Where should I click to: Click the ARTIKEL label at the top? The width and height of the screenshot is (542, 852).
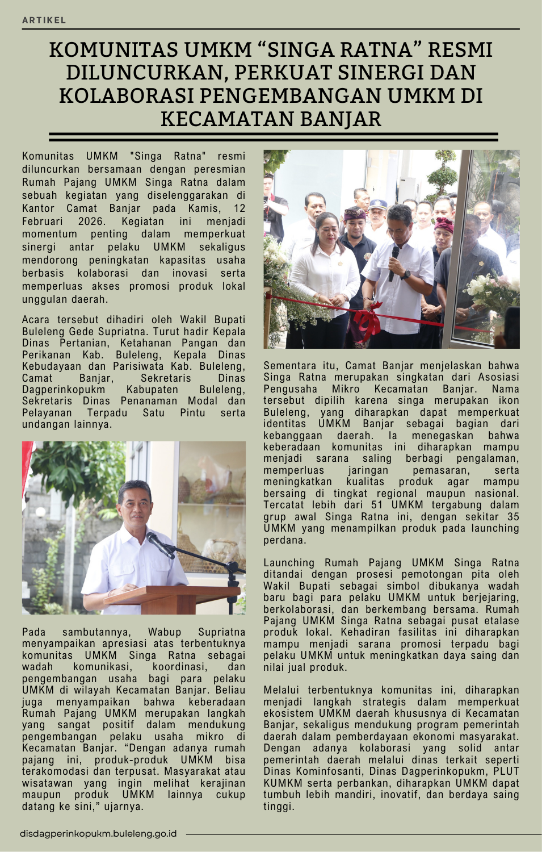tap(44, 20)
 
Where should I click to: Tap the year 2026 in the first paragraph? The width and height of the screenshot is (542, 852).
tap(91, 222)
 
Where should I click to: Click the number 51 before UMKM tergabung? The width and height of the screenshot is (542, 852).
tap(377, 505)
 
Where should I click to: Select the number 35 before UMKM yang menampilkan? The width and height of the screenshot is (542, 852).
tap(513, 517)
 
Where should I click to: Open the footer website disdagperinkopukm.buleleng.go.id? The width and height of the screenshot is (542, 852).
tap(98, 834)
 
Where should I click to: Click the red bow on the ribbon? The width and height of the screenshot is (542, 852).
tap(368, 321)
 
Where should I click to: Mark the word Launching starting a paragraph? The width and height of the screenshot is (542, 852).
tap(289, 563)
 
